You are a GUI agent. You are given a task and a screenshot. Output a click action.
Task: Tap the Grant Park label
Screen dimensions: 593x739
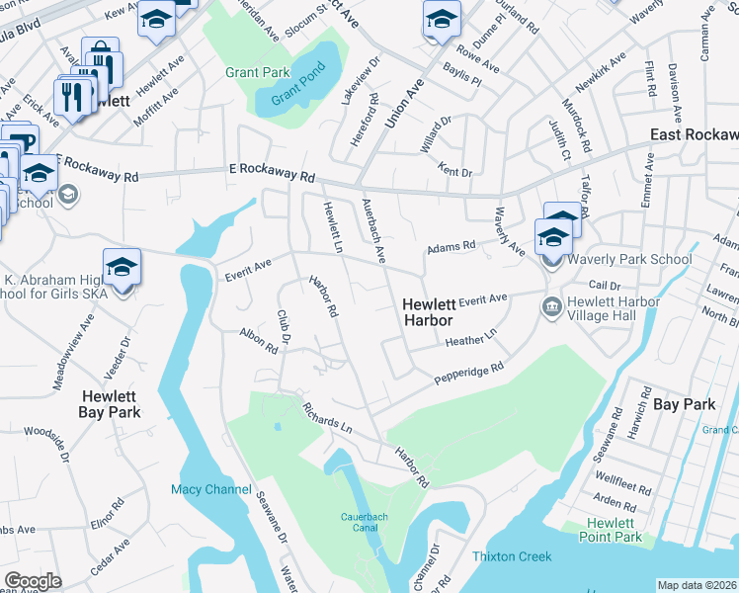257,72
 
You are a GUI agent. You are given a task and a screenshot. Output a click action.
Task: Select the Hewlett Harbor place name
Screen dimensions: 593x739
428,312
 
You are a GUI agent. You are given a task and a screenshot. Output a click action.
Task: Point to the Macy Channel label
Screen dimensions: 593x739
210,489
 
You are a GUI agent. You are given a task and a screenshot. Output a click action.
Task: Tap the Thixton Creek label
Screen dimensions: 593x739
512,556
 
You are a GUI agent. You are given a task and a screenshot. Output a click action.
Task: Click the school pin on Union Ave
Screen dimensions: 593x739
442,18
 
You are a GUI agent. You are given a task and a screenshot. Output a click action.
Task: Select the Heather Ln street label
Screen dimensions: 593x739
469,339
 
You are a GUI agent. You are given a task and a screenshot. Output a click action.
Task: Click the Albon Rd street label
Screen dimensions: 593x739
259,342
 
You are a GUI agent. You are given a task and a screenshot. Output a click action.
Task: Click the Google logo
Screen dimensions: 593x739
33,580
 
